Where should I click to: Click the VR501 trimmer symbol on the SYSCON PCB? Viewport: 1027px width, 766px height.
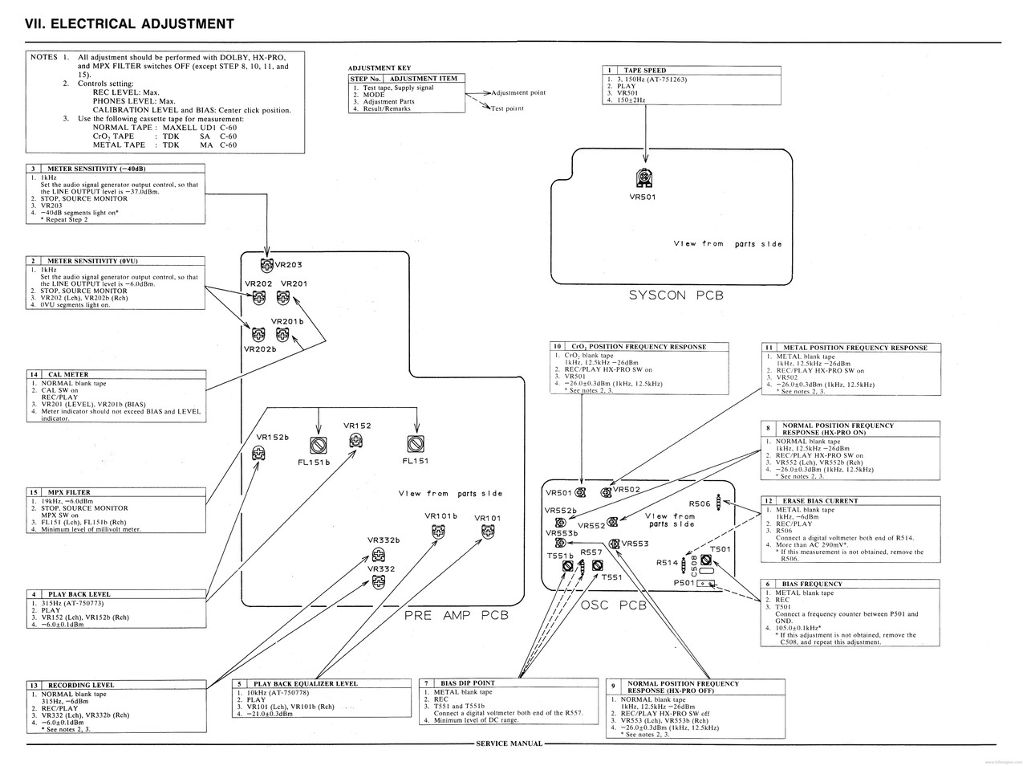(643, 178)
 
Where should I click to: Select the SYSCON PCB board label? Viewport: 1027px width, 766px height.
(676, 295)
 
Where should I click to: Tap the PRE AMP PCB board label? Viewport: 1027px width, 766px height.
(457, 615)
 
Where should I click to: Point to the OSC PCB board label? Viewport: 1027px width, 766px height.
(613, 605)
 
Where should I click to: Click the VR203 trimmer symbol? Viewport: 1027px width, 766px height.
(266, 265)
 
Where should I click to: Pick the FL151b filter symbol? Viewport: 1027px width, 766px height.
(319, 444)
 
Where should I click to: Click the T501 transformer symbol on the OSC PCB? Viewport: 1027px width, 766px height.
(706, 560)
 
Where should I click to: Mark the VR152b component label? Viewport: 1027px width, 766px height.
(272, 437)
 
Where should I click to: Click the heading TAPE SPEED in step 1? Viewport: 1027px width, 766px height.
(644, 71)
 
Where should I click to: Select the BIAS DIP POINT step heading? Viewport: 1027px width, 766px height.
(468, 683)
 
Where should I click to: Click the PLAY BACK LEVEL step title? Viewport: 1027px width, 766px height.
(79, 595)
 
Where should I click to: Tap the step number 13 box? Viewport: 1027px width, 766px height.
(34, 685)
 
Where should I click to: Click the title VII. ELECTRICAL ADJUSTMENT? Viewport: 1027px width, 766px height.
(130, 24)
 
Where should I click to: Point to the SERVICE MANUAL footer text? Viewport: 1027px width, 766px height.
(509, 744)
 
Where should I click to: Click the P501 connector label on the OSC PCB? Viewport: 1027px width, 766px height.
(683, 584)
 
